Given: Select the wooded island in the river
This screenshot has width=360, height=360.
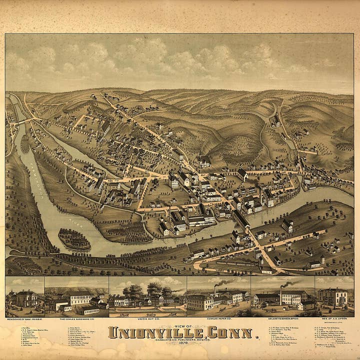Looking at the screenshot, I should tap(74, 239).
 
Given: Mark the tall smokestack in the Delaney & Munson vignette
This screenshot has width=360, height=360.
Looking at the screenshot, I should tap(281, 295).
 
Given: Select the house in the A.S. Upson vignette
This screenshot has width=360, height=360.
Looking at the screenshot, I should tap(333, 297).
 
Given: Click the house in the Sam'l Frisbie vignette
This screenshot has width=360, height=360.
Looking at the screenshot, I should tap(25, 299).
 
